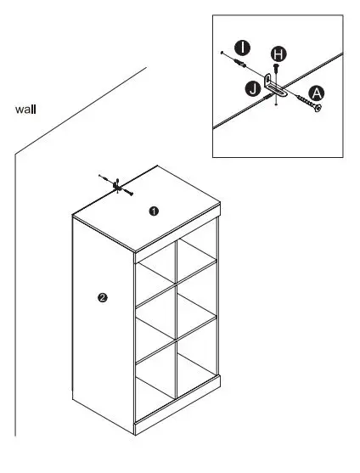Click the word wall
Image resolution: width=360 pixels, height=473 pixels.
click(25, 110)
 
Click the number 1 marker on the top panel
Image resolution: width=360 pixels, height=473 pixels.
click(154, 211)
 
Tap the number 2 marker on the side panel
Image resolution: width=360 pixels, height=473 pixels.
click(103, 297)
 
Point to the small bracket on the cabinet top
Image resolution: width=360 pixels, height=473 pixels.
click(117, 184)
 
